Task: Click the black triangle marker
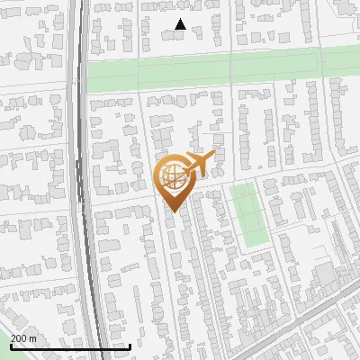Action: pos(181,24)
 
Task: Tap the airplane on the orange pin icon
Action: pos(198,164)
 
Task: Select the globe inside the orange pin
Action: pos(173,176)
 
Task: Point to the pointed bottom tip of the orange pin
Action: pos(173,212)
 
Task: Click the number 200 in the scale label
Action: pos(19,337)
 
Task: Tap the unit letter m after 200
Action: pos(32,337)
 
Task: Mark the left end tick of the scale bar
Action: pos(11,346)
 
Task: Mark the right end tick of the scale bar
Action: pos(130,346)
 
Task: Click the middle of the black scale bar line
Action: pos(70,347)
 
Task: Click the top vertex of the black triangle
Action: pos(181,19)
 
